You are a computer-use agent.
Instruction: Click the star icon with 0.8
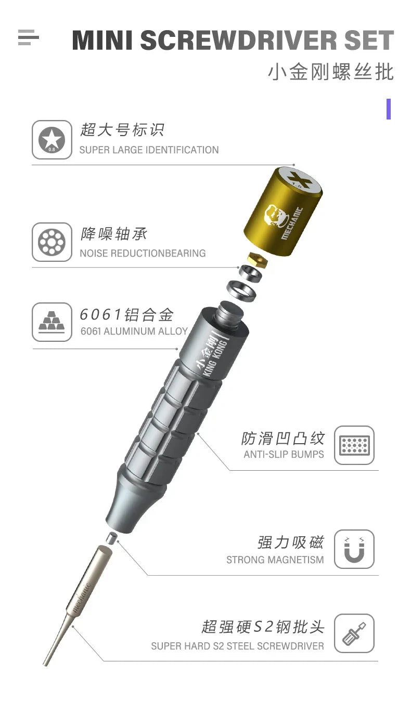coord(52,140)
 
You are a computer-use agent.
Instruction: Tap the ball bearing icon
coord(52,242)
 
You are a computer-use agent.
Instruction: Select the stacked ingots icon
coord(52,322)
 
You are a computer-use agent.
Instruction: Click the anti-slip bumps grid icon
coord(354,445)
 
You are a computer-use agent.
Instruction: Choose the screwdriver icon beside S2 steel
coord(354,633)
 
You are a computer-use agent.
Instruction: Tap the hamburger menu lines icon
coord(28,37)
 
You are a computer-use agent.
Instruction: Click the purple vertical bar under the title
coord(388,109)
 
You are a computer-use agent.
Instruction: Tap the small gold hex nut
coord(258,259)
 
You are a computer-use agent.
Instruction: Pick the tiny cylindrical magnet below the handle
coord(111,538)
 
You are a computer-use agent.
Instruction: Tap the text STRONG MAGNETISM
coord(275,560)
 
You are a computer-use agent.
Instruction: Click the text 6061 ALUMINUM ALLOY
coord(134,331)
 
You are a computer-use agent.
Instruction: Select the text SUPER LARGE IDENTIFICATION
coord(149,150)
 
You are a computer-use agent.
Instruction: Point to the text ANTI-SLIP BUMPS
coord(284,454)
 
